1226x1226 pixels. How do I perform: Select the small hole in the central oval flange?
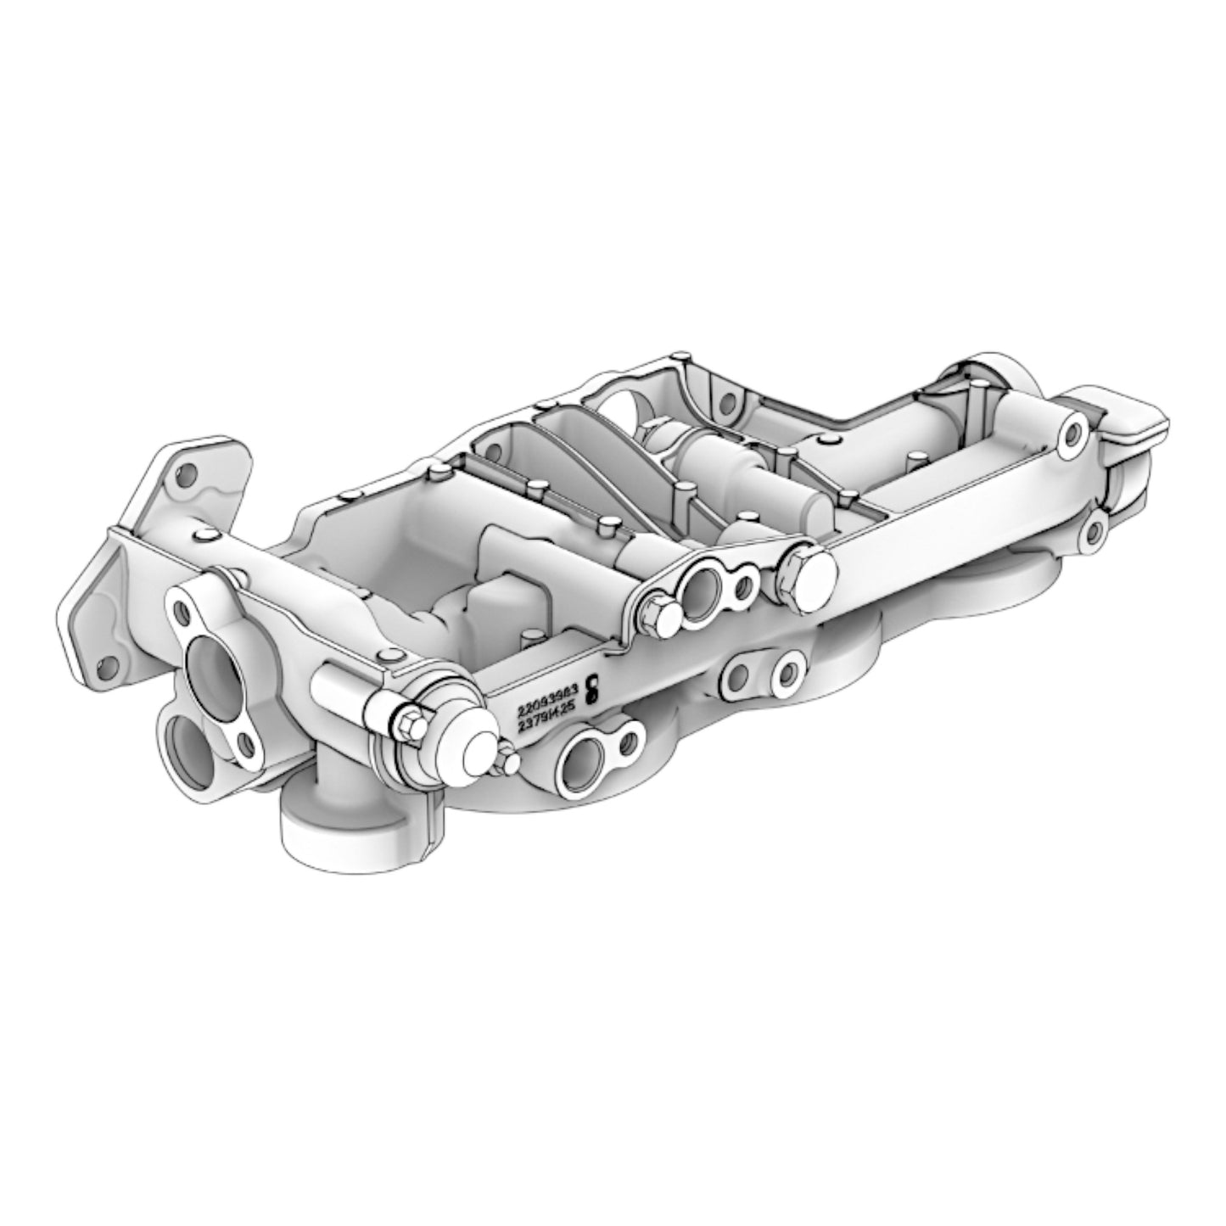[x=745, y=585]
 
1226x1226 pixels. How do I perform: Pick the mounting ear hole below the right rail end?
[x=1094, y=533]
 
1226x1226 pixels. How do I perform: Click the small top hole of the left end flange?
[x=180, y=610]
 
